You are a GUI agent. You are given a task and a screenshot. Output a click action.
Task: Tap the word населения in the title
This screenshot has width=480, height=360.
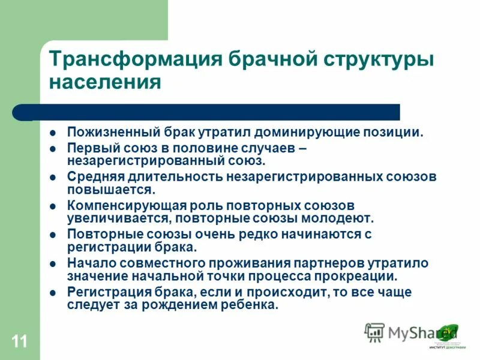click(104, 82)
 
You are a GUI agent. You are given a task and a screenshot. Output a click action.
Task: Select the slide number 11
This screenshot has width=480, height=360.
click(19, 342)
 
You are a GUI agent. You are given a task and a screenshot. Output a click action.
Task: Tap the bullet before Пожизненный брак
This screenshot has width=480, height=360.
click(53, 133)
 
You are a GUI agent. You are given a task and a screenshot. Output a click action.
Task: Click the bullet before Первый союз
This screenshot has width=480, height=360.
click(53, 149)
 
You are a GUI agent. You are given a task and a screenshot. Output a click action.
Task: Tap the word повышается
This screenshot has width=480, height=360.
click(111, 189)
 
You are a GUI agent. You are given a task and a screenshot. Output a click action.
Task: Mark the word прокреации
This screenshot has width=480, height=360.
click(361, 276)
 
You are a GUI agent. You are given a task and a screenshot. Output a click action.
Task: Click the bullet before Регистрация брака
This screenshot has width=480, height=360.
click(53, 293)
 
